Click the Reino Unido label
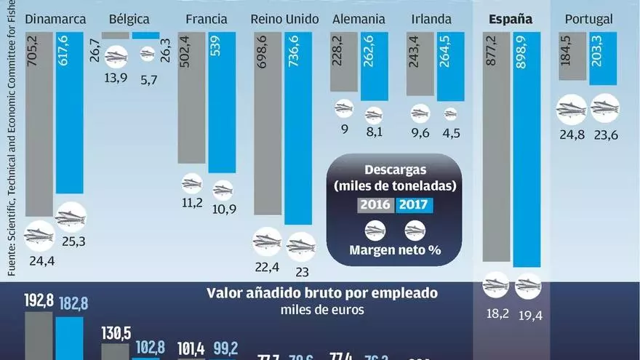(284, 19)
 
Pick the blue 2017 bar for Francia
(222, 102)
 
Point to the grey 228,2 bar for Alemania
(344, 62)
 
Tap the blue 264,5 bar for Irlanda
(450, 65)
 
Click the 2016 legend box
(376, 205)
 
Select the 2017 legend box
(415, 205)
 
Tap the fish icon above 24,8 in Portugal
(571, 110)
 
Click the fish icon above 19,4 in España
(529, 285)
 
